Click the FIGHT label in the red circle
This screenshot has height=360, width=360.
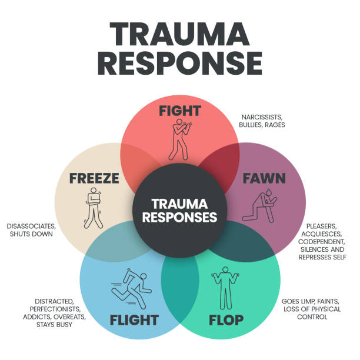pos(180,111)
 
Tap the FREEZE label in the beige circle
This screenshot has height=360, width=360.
pos(94,178)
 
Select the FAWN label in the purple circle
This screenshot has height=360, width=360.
pos(264,178)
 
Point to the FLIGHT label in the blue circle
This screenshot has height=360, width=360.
pos(134,320)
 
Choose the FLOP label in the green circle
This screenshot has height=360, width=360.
pos(226,320)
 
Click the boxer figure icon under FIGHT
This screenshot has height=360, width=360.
pos(180,139)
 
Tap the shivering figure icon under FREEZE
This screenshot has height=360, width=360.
pos(94,208)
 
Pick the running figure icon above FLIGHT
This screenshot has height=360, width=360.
pos(132,288)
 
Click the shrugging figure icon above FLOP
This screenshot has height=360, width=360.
pos(225,288)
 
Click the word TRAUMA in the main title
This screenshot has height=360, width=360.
pos(180,35)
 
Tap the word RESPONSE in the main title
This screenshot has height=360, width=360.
pos(180,63)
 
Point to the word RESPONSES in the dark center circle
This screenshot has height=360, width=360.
pos(179,217)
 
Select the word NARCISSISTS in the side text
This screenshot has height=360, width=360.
pos(262,117)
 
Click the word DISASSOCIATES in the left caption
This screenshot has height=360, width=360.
pos(31,226)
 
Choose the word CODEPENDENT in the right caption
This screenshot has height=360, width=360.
pos(322,242)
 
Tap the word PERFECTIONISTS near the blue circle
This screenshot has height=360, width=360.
pos(55,309)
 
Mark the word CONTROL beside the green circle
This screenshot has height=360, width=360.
pos(312,317)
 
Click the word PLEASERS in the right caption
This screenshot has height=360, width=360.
pos(321,226)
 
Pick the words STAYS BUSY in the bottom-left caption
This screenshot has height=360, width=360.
pos(55,325)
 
